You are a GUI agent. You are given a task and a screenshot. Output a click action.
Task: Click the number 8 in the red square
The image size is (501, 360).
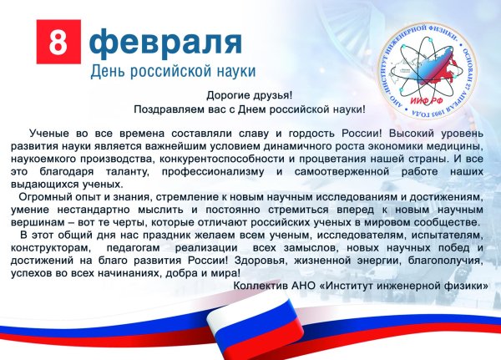pos(58,42)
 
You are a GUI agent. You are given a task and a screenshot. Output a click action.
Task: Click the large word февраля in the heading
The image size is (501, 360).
pos(165,43)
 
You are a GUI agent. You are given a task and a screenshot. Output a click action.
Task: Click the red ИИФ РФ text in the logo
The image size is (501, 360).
pos(427,101)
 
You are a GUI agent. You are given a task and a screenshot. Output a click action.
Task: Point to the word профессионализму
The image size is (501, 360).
pos(213,172)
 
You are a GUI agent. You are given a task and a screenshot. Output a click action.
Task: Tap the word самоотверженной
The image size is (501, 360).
pos(342,172)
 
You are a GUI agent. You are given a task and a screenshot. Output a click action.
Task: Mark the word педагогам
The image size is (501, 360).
pos(133,248)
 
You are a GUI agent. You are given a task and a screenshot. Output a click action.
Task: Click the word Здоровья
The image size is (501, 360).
pos(259,261)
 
